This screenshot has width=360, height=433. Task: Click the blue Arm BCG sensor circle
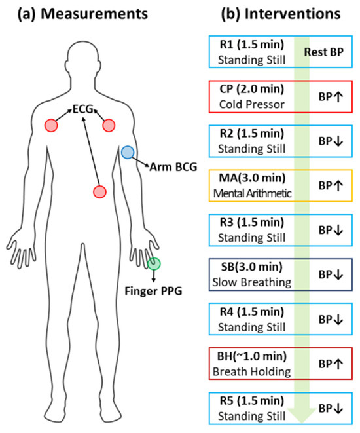[128, 153]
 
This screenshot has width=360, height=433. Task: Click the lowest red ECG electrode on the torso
[99, 191]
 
